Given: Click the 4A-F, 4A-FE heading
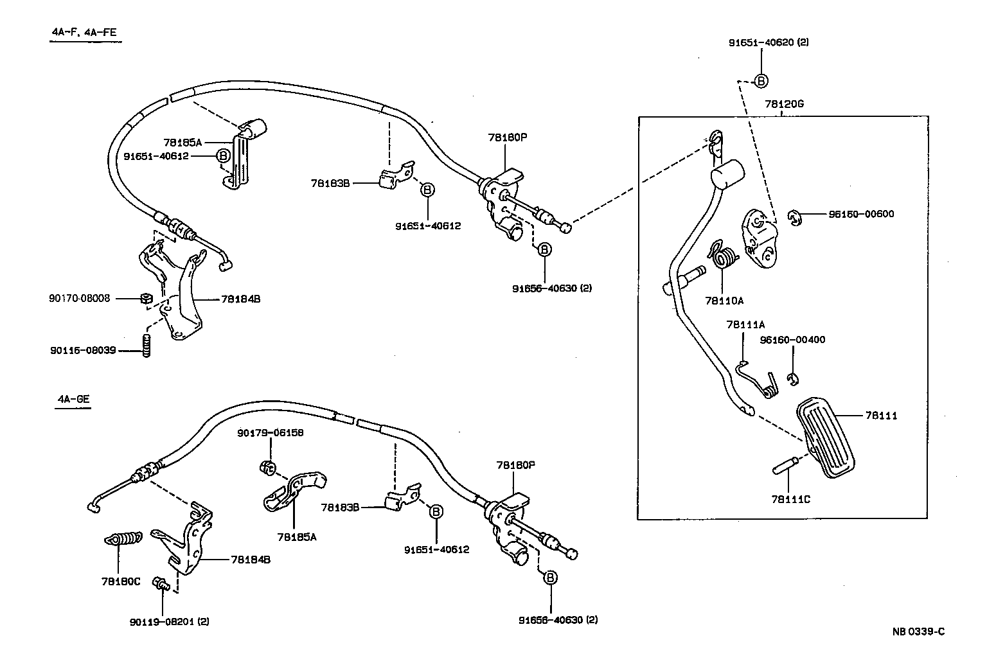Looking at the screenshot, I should tap(85, 33).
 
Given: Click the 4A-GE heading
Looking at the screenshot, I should tap(73, 400).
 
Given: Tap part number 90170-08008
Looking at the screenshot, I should tap(79, 298).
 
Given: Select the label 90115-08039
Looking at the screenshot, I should tap(82, 351).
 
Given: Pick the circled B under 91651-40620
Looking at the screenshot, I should tap(761, 81).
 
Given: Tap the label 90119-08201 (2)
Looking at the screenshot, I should tap(169, 621).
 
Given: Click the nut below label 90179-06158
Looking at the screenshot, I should tap(269, 466).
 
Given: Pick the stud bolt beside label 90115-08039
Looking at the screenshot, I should tap(146, 346).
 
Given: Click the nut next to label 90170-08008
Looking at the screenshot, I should tap(145, 298).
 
